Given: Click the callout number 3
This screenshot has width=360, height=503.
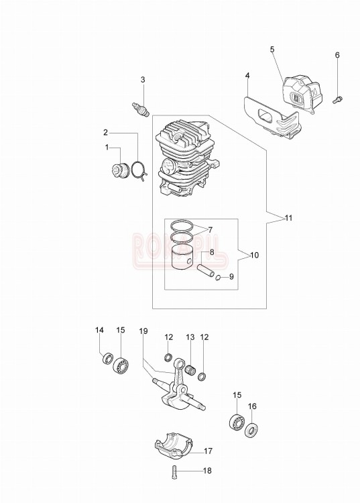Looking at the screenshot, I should coord(143,80).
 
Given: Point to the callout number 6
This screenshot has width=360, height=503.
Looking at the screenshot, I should coord(337,55).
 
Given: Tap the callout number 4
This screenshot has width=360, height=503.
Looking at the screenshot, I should coord(247,76).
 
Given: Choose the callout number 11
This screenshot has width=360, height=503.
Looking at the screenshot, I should coord(288,218).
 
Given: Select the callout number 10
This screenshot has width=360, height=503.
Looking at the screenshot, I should coord(254,256).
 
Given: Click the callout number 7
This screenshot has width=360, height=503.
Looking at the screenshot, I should coord(210,229).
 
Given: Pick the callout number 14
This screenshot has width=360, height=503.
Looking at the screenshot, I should coord(99,329).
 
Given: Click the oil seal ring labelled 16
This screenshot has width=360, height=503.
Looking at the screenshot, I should coord(252,429).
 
